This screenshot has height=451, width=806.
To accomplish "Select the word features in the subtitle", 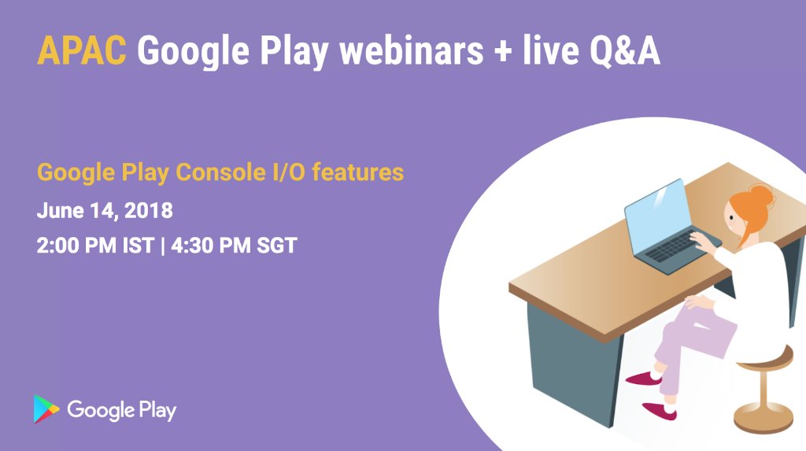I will point(357,172).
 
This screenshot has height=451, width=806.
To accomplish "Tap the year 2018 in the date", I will point(148,211).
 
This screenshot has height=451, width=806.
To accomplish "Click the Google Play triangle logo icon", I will point(46,409).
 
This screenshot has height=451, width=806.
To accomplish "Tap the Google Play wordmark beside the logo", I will point(121,410).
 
